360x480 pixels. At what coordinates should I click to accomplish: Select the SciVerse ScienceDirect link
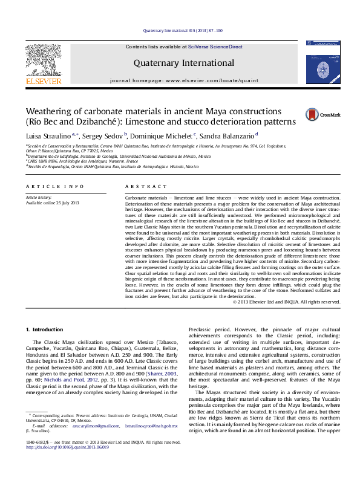[x=215, y=47]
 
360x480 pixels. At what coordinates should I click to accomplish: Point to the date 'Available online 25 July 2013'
[x=52, y=203]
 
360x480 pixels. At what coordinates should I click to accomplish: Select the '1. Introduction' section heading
[x=45, y=329]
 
